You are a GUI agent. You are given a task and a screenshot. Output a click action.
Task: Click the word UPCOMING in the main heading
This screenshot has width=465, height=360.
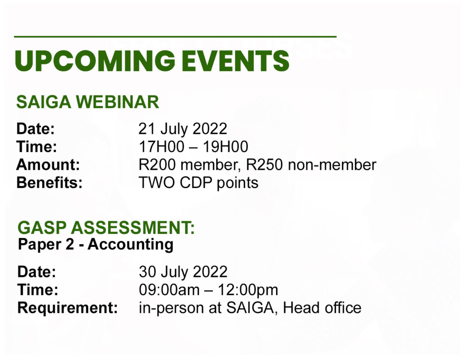pos(95,61)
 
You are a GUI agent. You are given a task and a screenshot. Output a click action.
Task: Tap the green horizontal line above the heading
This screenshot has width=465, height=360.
pos(175,36)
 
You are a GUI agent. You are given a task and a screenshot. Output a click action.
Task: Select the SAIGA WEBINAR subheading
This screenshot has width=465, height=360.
pos(88,102)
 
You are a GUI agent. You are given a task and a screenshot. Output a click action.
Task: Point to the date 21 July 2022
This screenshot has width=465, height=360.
pos(183,128)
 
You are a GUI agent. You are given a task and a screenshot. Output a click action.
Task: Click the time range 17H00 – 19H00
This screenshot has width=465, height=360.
pos(193,147)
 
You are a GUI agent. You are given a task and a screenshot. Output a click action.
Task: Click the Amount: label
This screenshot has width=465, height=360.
pos(48,165)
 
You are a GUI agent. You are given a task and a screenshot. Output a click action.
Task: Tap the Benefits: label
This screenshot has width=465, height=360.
pos(49,182)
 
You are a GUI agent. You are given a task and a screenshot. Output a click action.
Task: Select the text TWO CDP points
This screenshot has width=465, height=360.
pos(198,183)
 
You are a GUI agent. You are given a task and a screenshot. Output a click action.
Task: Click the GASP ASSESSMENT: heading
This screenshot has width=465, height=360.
pos(106,228)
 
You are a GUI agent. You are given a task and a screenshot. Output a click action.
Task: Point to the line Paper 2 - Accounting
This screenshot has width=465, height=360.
pos(95,245)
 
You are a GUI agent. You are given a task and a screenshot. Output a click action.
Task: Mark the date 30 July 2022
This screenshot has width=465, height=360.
pos(183,271)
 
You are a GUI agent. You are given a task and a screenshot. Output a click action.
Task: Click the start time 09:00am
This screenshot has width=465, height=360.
pos(169,290)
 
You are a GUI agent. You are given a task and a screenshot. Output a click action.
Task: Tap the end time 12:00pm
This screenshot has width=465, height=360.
pos(248,290)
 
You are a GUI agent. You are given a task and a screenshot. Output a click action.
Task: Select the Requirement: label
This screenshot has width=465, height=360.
pos(68,308)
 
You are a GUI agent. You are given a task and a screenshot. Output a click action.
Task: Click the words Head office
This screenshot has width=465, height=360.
pos(322,308)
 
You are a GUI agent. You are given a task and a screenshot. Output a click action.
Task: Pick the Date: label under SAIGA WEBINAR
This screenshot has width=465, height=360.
pos(35,128)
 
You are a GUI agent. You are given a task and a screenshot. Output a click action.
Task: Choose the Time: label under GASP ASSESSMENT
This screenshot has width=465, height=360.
pos(38,290)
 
